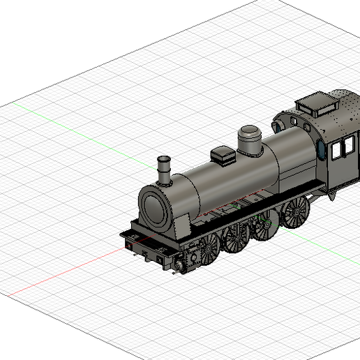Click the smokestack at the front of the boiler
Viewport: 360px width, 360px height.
point(164,170)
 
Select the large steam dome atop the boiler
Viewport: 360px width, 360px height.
point(248,140)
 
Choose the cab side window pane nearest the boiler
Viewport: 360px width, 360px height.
point(333,149)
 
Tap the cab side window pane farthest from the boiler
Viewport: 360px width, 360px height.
point(346,145)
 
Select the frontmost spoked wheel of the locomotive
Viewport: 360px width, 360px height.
point(207,250)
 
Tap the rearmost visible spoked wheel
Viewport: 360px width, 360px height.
point(296,211)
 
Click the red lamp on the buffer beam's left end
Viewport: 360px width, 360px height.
point(128,244)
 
